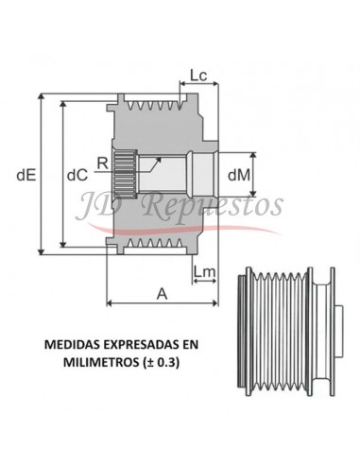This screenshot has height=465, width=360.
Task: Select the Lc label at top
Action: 198,75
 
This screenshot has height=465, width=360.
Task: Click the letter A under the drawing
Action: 162,293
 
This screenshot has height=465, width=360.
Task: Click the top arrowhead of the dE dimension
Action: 40,98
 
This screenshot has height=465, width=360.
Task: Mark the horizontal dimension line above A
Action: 162,303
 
